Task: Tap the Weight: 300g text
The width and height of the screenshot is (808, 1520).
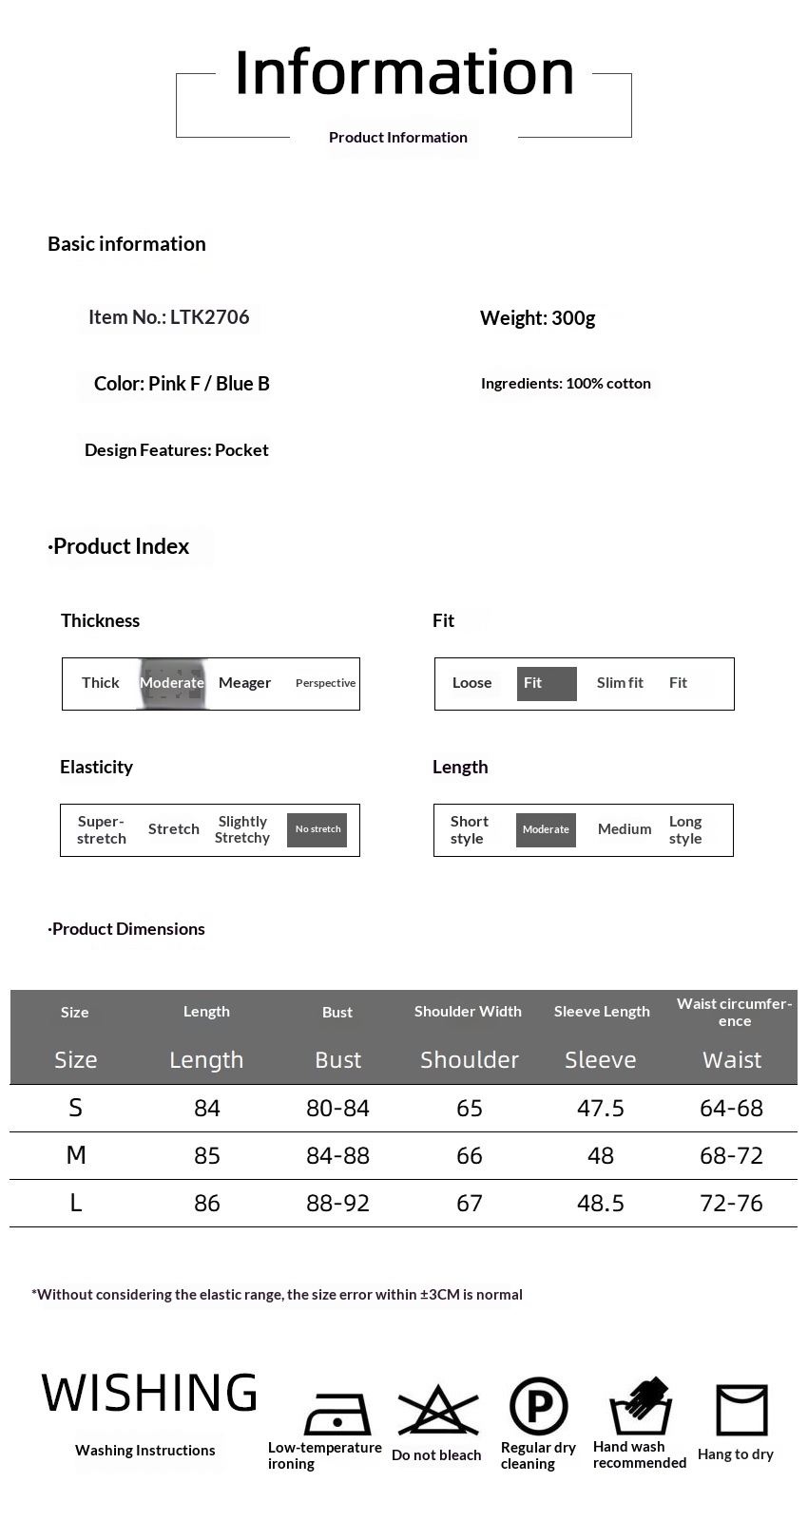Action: click(537, 318)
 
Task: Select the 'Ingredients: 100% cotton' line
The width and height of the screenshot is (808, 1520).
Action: click(566, 384)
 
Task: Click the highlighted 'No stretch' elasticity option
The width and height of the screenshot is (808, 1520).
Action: click(317, 829)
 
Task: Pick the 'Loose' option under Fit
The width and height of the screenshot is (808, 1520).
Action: click(471, 683)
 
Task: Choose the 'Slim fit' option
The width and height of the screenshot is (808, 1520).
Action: click(620, 683)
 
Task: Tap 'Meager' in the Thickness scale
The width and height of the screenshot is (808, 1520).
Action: click(244, 683)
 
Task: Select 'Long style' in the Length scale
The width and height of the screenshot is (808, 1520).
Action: click(685, 829)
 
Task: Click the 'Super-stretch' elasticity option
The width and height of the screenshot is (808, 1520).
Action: click(102, 829)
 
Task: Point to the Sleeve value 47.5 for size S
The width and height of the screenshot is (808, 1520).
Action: click(601, 1109)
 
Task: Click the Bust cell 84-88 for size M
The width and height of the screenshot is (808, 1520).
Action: click(337, 1156)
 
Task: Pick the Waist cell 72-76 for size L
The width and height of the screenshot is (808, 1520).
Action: click(731, 1204)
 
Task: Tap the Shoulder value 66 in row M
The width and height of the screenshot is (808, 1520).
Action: click(470, 1156)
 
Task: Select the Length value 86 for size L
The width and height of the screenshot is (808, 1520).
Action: click(207, 1204)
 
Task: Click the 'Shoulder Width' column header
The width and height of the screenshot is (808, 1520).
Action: click(468, 1012)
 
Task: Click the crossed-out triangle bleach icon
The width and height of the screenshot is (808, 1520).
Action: click(437, 1411)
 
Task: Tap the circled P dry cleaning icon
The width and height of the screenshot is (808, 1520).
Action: click(538, 1406)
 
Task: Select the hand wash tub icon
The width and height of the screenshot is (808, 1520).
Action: click(640, 1406)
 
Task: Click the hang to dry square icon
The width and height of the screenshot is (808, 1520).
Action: click(741, 1409)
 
